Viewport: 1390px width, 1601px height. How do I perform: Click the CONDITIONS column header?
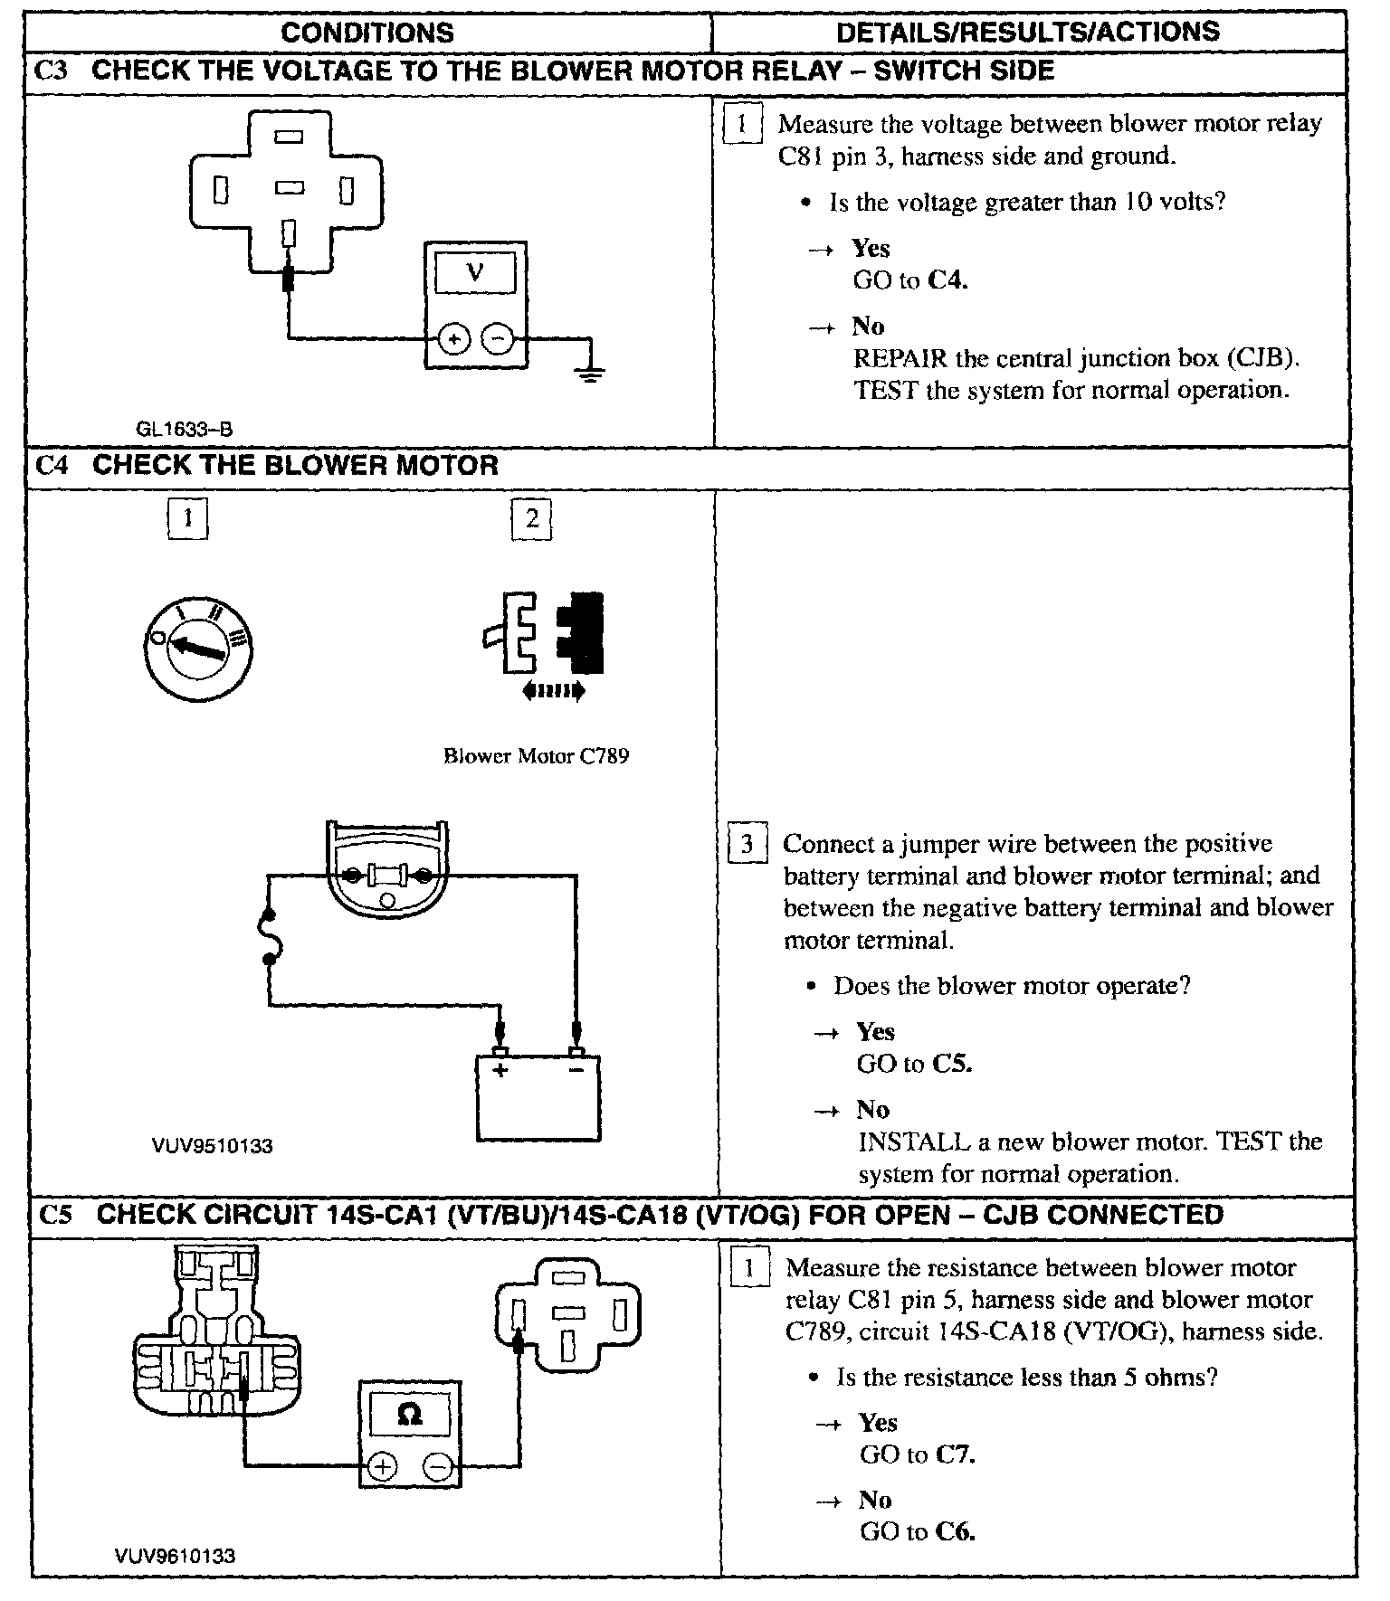pos(367,33)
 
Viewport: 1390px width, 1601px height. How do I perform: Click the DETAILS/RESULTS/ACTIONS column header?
pos(1027,33)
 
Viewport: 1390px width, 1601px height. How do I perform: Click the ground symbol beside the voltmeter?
pos(590,371)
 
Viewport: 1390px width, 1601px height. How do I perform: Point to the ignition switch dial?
pos(198,644)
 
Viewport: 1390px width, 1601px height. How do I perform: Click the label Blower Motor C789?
pos(536,755)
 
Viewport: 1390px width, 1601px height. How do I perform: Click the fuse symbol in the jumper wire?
pos(270,938)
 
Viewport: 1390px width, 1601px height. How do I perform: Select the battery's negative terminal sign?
pos(576,1070)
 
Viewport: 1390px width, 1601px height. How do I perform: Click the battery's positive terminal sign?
pos(500,1070)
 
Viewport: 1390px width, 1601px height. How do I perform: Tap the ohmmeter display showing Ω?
pos(410,1413)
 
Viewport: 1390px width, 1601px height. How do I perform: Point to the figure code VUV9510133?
pos(212,1146)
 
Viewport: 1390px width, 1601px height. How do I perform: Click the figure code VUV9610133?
pos(175,1556)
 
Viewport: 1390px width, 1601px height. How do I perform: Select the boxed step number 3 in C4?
pos(747,845)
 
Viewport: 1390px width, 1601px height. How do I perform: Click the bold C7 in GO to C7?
pos(955,1454)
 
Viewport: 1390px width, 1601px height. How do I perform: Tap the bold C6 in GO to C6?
pos(955,1531)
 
